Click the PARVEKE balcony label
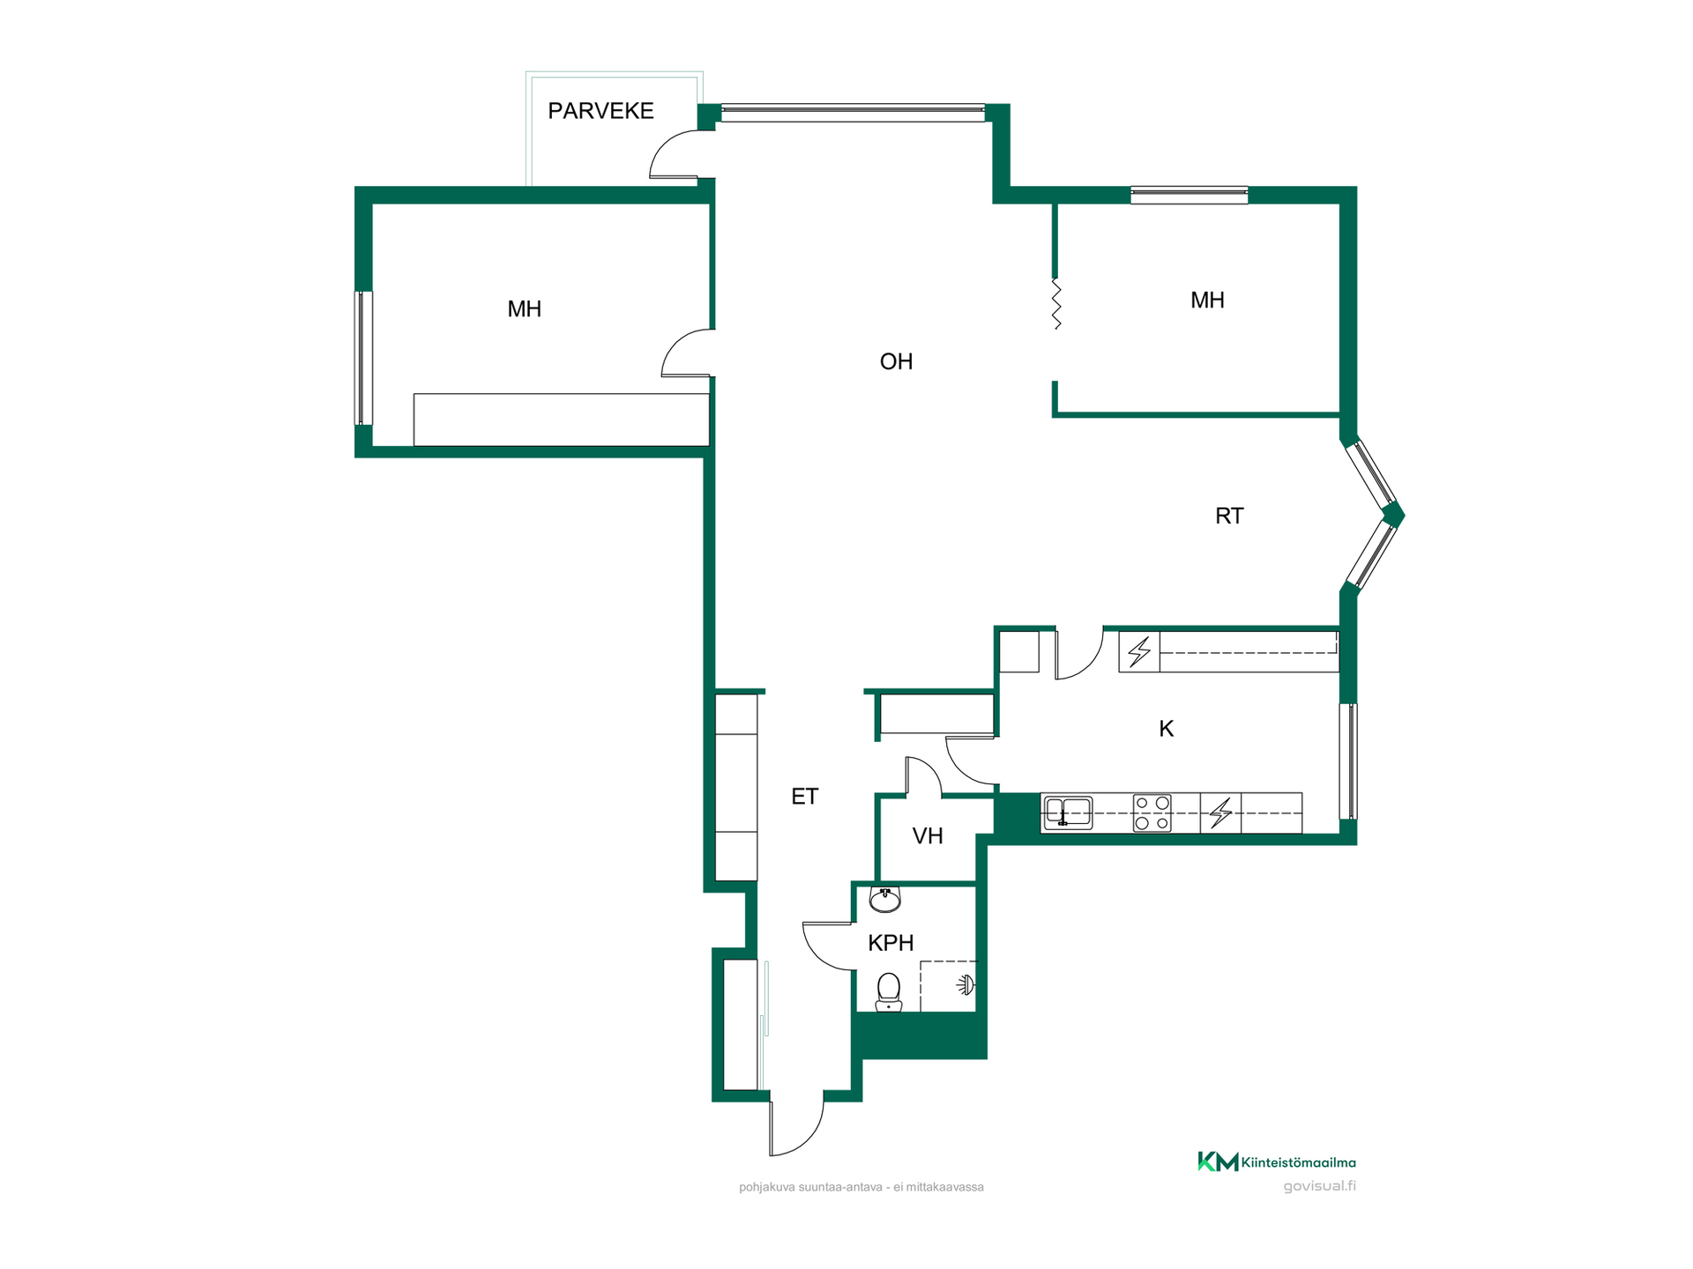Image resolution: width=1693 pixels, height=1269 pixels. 600,111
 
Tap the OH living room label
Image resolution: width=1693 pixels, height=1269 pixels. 896,361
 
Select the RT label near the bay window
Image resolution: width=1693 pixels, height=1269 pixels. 1229,516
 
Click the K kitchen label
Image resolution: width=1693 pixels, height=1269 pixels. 1166,729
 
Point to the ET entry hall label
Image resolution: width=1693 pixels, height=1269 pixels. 804,797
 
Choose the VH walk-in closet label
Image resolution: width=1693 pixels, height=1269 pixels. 928,836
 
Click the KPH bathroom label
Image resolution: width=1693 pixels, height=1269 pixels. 891,943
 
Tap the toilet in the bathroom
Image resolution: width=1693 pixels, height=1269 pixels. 888,992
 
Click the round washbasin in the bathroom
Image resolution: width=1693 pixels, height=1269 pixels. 884,899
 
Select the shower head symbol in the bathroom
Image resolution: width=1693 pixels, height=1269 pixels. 966,984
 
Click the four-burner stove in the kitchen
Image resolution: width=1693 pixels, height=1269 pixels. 1152,813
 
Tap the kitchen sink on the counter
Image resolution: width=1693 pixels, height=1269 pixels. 1068,813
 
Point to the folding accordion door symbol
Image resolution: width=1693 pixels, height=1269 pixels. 1056,304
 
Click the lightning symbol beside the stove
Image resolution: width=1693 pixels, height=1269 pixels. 1220,813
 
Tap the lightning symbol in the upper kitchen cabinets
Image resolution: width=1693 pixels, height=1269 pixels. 1139,651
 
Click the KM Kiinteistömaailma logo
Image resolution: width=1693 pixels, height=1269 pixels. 1276,1161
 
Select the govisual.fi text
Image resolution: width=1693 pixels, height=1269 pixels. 1319,1186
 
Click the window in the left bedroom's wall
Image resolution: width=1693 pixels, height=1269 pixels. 363,358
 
